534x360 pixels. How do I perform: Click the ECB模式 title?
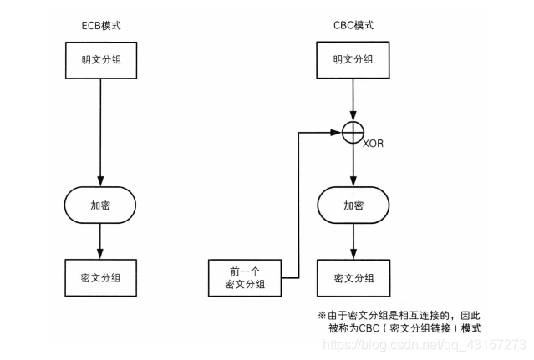[99, 25]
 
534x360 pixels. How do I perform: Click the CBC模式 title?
[351, 25]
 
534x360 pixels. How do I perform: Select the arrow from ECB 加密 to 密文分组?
[100, 241]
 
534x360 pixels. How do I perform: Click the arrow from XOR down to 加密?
[353, 163]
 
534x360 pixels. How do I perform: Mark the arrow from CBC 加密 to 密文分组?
[353, 241]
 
